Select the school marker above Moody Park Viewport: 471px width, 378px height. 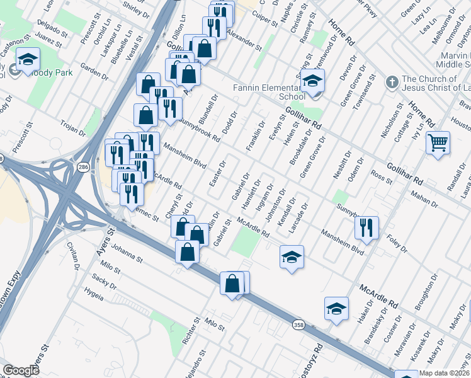[x=28, y=60]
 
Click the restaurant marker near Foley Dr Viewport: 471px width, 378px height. [x=366, y=228]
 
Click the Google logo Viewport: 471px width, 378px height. [x=20, y=370]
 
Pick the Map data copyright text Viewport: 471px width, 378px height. [x=445, y=373]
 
